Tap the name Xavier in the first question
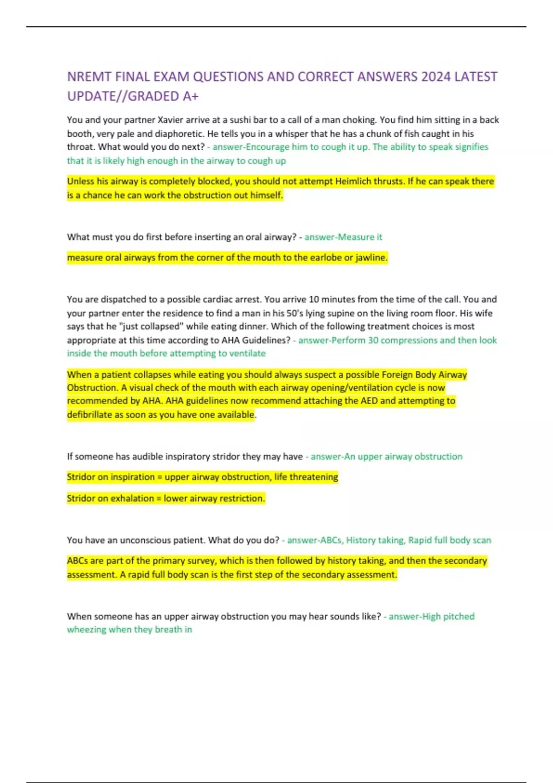point(171,120)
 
